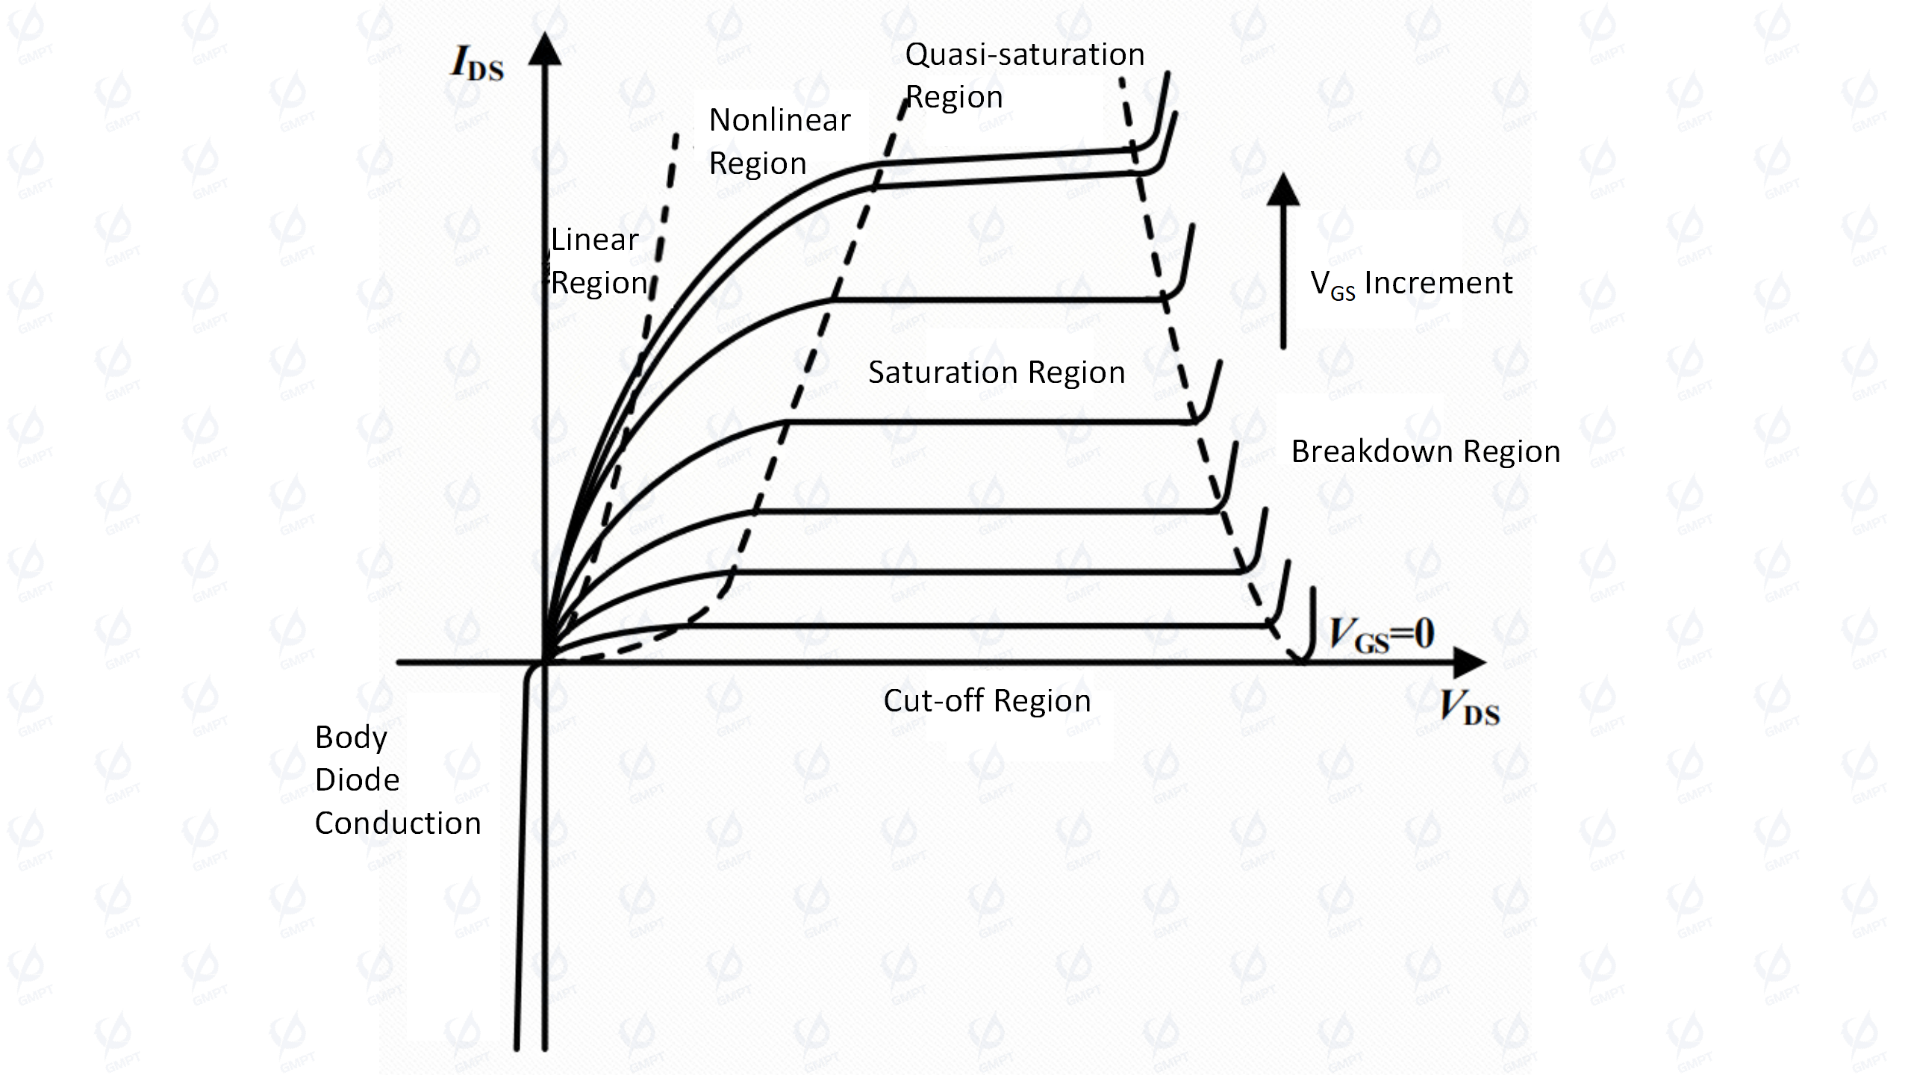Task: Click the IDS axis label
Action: click(478, 63)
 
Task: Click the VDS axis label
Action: click(1469, 707)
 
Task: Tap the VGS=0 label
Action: click(1382, 635)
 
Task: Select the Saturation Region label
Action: click(997, 373)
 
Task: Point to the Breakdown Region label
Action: click(1426, 452)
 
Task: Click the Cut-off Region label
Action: click(987, 701)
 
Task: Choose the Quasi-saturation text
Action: click(1025, 54)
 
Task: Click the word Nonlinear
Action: click(779, 120)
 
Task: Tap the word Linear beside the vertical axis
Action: click(595, 240)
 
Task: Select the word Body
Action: click(351, 738)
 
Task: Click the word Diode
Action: click(357, 780)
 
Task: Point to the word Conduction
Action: click(398, 823)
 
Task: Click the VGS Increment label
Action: click(1411, 284)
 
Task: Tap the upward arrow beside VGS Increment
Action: click(1283, 261)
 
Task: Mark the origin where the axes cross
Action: click(545, 662)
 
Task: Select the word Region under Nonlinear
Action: click(758, 163)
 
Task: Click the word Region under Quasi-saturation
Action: click(954, 98)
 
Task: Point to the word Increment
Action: click(1438, 283)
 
